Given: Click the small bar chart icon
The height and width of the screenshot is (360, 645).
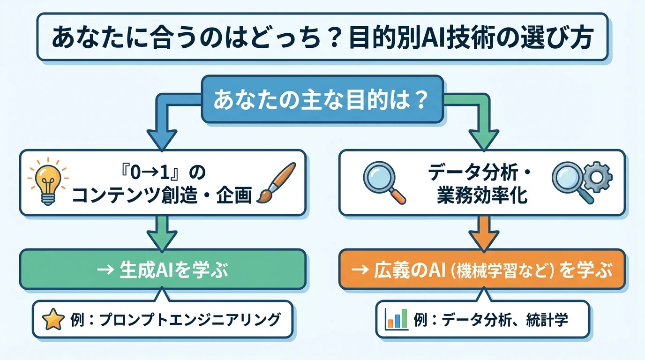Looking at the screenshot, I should click(x=396, y=320).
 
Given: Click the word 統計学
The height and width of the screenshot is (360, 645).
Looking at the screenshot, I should click(x=551, y=320).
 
